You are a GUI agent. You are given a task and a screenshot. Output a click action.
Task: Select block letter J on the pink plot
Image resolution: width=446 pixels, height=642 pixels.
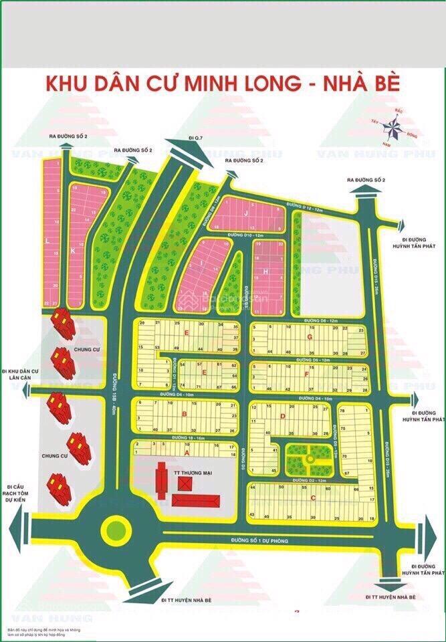tap(246, 213)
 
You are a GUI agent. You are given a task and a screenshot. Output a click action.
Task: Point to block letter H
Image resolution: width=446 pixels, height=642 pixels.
tap(265, 272)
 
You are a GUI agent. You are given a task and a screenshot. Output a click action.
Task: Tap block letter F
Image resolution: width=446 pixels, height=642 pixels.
tap(306, 375)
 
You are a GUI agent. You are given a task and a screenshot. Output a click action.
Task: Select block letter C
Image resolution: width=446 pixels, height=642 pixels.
tap(312, 496)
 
